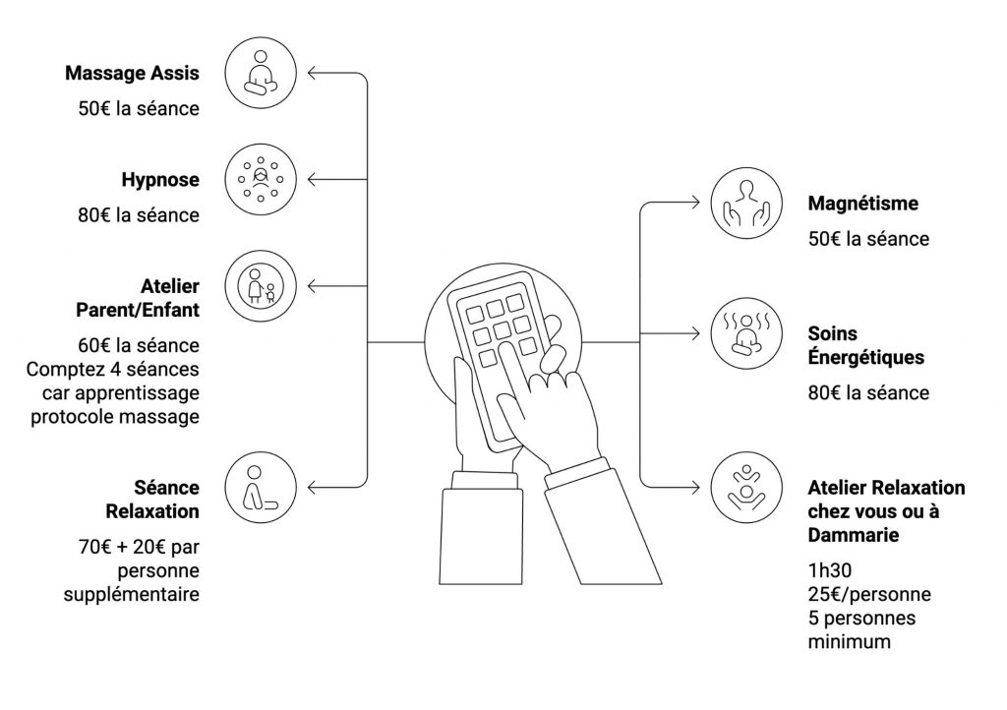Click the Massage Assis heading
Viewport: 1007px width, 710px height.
point(132,73)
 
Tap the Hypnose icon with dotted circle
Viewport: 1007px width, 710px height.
point(261,179)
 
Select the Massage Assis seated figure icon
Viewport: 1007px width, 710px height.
point(261,73)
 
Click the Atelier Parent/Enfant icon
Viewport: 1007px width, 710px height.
point(261,285)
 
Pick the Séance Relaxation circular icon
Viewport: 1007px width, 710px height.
point(261,488)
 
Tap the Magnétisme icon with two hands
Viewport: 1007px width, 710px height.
point(745,205)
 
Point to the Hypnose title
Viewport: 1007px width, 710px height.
point(160,180)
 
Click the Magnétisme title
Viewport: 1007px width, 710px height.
point(862,205)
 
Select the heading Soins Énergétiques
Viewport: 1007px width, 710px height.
point(865,345)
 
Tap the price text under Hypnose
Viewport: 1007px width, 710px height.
point(139,214)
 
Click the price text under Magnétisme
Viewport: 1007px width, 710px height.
point(868,239)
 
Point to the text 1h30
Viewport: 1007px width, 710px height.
point(828,569)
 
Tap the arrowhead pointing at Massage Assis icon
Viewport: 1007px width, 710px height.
point(313,73)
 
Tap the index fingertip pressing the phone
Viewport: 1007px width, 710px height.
point(504,349)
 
